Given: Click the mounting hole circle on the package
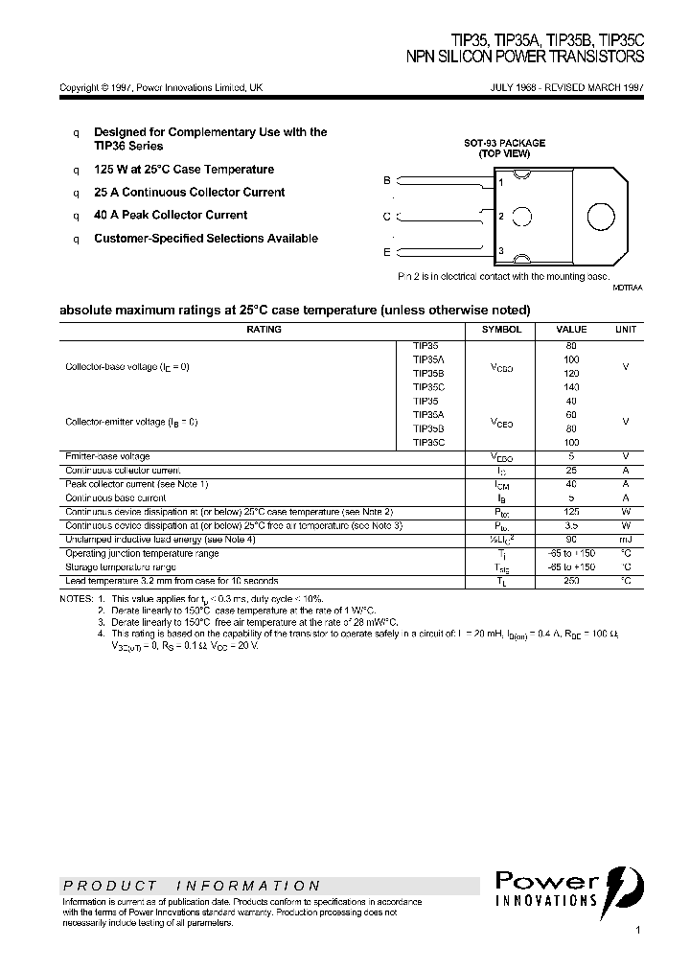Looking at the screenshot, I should [601, 216].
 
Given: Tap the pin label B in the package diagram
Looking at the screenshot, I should [387, 180].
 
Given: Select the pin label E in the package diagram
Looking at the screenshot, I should [387, 251].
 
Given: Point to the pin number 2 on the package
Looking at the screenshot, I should [501, 217].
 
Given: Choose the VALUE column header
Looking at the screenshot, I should [571, 330].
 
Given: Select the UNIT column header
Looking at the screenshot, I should [625, 330].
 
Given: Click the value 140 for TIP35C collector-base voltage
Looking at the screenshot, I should [571, 386].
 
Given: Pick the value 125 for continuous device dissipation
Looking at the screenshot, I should [571, 512].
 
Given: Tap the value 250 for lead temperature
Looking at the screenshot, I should [571, 581].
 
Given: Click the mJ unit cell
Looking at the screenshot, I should [625, 540].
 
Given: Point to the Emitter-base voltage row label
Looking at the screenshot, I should [107, 456].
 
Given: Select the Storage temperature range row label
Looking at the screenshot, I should [120, 567].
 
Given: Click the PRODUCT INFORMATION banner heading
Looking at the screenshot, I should [192, 886].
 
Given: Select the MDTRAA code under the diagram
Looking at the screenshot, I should [628, 287].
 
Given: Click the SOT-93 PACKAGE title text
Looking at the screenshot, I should [505, 143].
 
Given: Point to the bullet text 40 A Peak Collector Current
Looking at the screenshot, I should [171, 216].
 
